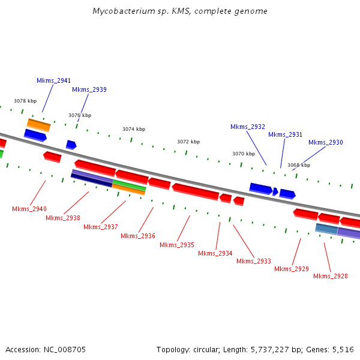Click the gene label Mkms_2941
[53, 80]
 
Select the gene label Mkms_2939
[89, 89]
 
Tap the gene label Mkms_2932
[248, 127]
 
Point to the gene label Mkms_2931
[285, 134]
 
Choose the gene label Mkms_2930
[326, 142]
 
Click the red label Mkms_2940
[29, 209]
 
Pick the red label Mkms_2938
[63, 218]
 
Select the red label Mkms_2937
[101, 227]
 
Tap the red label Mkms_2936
[138, 236]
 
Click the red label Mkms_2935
[177, 245]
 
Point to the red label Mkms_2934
[215, 253]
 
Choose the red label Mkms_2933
[254, 261]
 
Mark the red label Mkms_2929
[292, 269]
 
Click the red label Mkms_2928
[331, 276]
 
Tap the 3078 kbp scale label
[25, 101]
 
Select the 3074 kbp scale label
[134, 129]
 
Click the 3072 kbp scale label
[188, 142]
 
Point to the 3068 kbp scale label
[299, 165]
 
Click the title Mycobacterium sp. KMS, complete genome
[180, 11]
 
